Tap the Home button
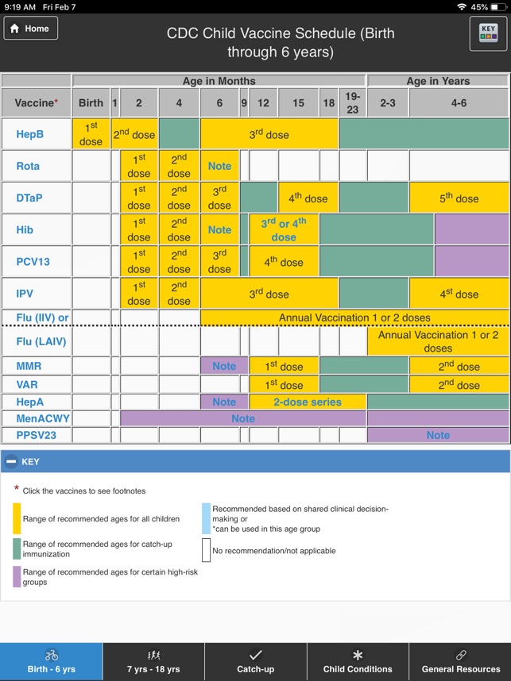(x=31, y=28)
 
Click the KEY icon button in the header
(x=488, y=33)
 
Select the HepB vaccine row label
(x=30, y=134)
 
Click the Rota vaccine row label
(x=29, y=166)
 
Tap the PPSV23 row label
(x=36, y=435)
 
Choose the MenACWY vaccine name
(x=41, y=418)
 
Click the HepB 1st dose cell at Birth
(x=91, y=134)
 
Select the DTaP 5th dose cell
(x=459, y=198)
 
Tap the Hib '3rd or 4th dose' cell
(x=284, y=229)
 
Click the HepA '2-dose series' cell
(x=307, y=402)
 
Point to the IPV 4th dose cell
(x=459, y=294)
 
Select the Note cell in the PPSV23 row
(x=438, y=435)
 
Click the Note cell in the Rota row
(x=219, y=166)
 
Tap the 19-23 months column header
(x=353, y=102)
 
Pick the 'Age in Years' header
(x=438, y=81)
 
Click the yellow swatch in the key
(x=17, y=518)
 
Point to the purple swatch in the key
(x=17, y=576)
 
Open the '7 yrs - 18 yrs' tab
(x=153, y=661)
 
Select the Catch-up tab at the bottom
(x=255, y=661)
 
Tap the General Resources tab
(x=460, y=661)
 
